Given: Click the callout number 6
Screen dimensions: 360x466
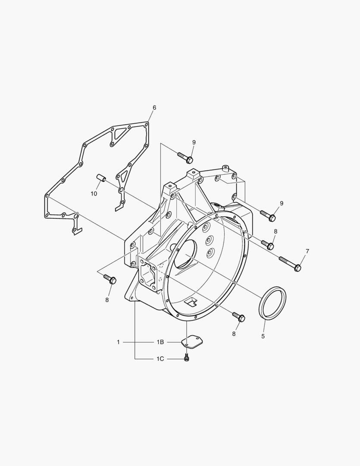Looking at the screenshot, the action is point(154,107).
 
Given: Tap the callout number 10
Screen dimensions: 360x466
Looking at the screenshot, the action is point(94,193).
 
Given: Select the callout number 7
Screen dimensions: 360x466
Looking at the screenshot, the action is point(307,252).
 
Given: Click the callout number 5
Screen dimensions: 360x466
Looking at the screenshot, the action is point(263,337).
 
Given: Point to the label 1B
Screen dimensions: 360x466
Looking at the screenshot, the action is point(160,342).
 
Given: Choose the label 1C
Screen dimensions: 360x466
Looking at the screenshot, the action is point(160,359).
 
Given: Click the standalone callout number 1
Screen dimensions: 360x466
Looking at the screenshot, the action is point(118,342).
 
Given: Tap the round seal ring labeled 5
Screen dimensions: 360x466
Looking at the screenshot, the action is point(273,303).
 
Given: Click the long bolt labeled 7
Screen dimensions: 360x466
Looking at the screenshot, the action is point(290,263).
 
